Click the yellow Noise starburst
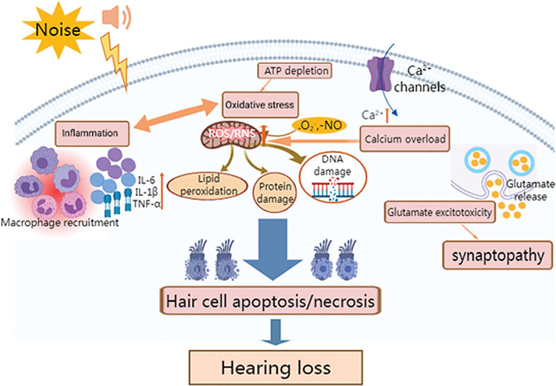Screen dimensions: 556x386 [58, 30]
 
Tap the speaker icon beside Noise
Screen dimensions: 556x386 [116, 17]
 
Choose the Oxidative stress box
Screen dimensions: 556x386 [260, 105]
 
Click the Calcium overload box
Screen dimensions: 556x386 [405, 138]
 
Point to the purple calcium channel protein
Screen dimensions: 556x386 [380, 74]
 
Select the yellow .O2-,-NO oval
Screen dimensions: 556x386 [318, 125]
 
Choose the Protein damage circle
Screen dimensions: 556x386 [275, 192]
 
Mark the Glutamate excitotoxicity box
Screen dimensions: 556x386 [440, 213]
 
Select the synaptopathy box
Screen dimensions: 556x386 [498, 255]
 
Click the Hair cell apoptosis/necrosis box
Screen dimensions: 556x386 [270, 301]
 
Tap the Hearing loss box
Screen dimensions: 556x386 [275, 367]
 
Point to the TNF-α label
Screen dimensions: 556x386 [147, 204]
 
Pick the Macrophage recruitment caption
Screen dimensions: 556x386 [60, 223]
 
